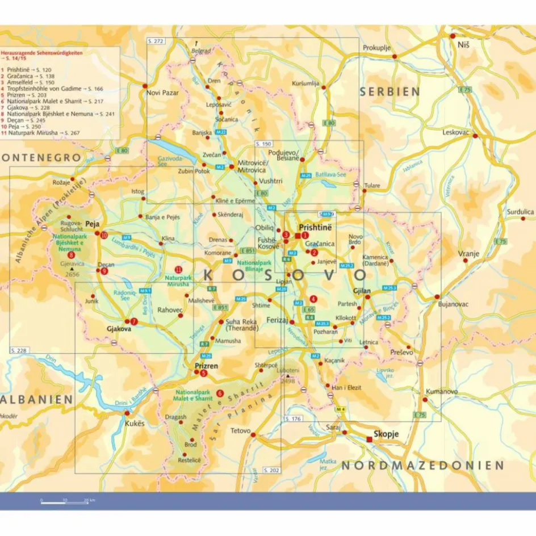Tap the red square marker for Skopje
click(370, 438)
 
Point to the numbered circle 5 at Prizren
click(203, 373)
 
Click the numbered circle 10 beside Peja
click(104, 235)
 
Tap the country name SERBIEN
click(390, 91)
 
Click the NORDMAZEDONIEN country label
click(422, 466)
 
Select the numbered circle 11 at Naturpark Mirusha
click(178, 269)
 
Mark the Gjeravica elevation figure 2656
click(73, 274)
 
